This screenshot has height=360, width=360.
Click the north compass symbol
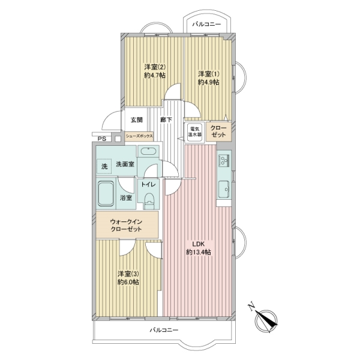[x=266, y=320]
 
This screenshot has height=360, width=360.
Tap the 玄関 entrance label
[x=137, y=119]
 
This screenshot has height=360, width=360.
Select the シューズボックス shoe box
[x=139, y=136]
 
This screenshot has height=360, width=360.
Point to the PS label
[x=102, y=139]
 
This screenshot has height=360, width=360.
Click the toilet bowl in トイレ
[x=149, y=200]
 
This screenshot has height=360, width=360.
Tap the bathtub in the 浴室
[x=106, y=194]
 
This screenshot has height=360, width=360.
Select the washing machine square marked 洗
[x=104, y=166]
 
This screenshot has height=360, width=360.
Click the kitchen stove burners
[x=224, y=159]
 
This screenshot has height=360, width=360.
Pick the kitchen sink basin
[x=224, y=189]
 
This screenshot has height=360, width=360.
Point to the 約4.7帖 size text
[x=155, y=76]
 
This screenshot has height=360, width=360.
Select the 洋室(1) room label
[x=209, y=74]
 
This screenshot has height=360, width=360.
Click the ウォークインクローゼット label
[x=126, y=225]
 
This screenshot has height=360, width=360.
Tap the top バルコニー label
[x=206, y=24]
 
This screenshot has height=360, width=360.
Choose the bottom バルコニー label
[x=164, y=330]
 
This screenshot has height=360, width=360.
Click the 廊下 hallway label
[x=166, y=119]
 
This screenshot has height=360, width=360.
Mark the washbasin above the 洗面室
[x=148, y=151]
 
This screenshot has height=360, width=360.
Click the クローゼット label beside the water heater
[x=218, y=131]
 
